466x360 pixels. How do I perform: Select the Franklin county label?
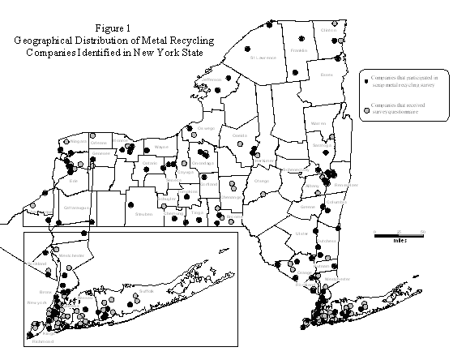point(299,50)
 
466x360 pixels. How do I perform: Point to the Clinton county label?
point(328,30)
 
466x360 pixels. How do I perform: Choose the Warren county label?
point(319,124)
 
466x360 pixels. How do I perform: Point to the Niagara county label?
point(79,142)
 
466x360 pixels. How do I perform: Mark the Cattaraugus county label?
point(77,208)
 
